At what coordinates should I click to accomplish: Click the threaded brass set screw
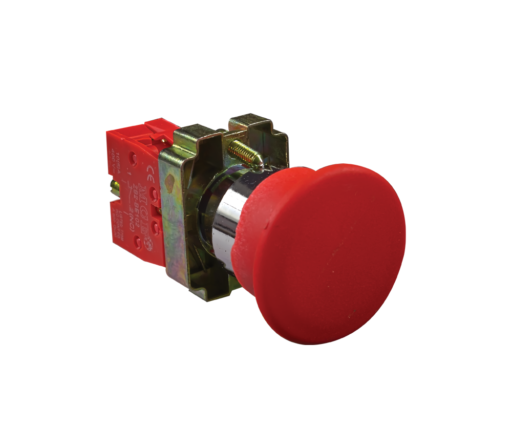click(x=244, y=152)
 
